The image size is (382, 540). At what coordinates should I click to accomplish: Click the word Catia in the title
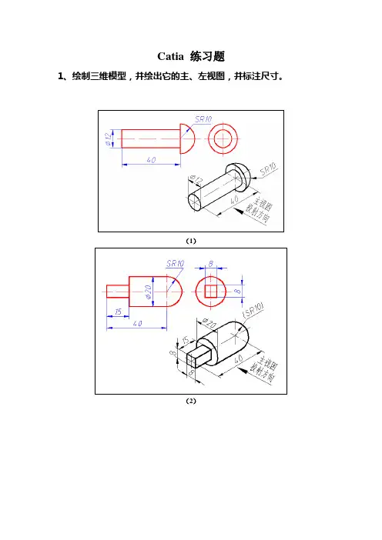coord(170,56)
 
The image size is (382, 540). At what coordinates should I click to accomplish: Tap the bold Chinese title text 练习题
coord(207,56)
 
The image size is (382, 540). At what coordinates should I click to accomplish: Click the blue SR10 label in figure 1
coord(203,119)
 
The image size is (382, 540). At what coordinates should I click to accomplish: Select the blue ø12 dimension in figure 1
coord(109,138)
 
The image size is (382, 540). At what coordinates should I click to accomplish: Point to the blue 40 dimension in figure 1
coord(151,160)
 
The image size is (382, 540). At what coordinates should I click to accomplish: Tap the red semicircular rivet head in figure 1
coord(188,138)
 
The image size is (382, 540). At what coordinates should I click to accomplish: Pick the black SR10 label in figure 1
coord(268,169)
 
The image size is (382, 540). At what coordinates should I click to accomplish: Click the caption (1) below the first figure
coord(191,241)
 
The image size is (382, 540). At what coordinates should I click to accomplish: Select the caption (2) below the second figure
coord(191,401)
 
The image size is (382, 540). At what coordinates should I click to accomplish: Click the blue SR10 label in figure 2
coord(175,263)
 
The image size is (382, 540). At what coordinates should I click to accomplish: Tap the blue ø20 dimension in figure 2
coord(149,292)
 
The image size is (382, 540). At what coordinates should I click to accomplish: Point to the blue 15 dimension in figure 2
coord(118,312)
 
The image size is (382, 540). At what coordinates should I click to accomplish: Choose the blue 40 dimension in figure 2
coord(137,323)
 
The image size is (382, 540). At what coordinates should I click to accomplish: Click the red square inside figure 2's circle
coord(211,292)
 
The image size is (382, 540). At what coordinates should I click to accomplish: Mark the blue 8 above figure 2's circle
coord(211,264)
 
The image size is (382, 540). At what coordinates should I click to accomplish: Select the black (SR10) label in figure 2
coord(253,310)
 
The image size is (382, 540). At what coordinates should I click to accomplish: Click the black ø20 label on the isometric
coord(208,324)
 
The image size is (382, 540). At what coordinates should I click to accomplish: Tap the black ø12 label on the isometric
coord(196,179)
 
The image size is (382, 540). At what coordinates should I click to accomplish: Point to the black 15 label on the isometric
coord(185,341)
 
